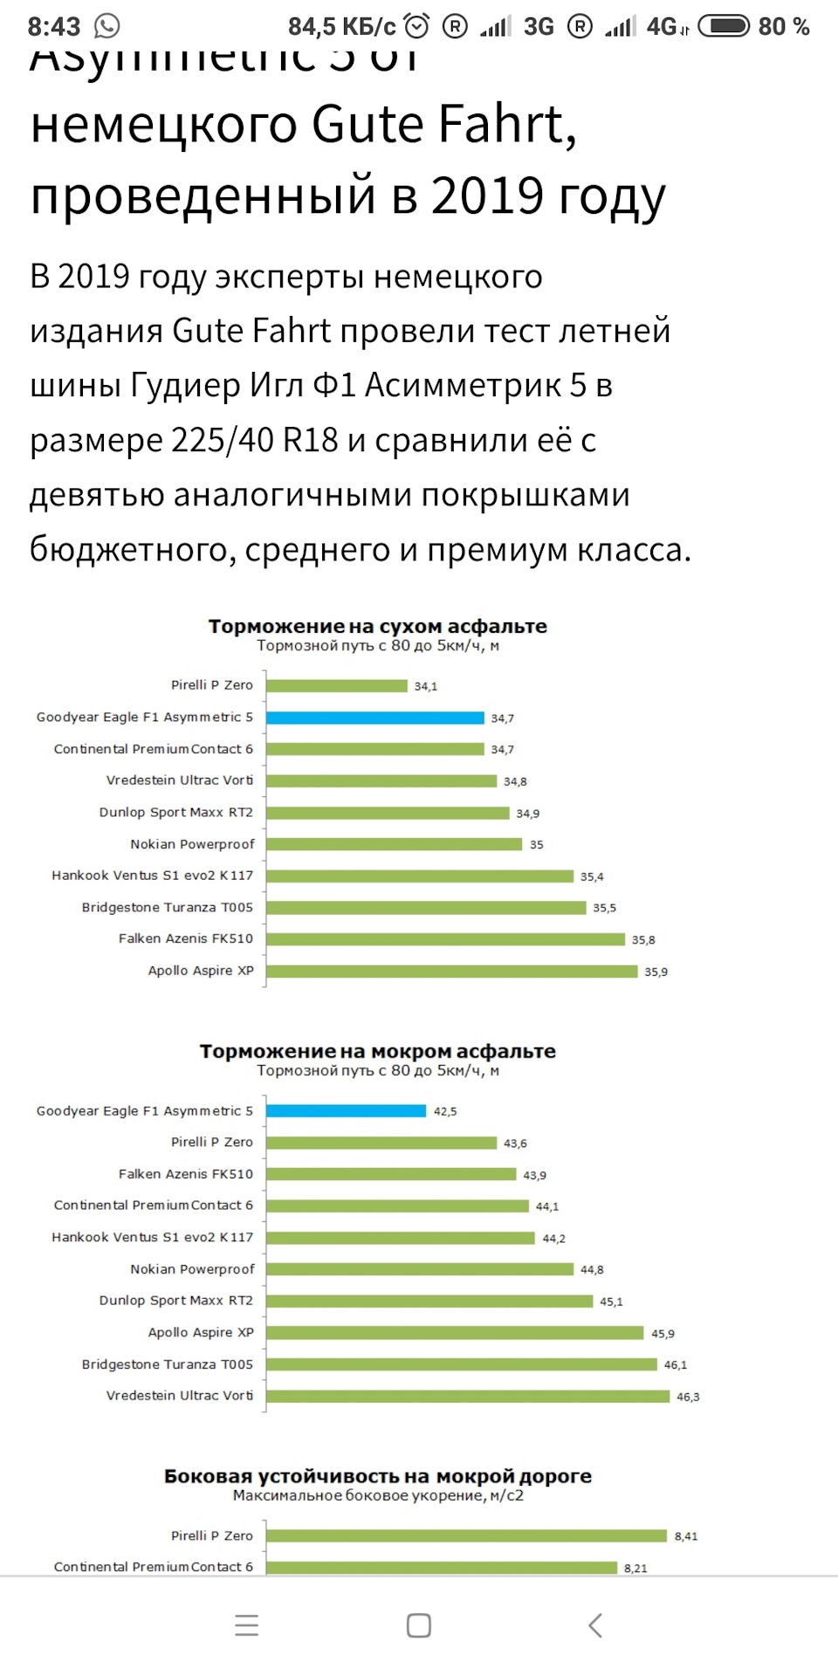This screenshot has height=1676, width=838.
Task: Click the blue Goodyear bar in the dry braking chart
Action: [x=375, y=718]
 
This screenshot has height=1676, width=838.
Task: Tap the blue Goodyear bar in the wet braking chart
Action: [x=347, y=1111]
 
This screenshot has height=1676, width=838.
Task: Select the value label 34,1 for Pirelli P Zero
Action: [x=426, y=687]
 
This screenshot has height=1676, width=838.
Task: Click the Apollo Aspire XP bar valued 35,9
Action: [x=452, y=972]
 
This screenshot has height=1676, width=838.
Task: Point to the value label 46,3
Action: [x=688, y=1397]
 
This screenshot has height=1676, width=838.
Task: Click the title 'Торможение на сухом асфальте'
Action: [x=377, y=626]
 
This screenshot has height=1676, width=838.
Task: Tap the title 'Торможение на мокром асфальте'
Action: [x=377, y=1051]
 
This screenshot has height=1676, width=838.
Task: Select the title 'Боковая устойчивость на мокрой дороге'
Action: [x=377, y=1476]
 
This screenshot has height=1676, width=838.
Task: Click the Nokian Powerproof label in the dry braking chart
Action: [x=192, y=844]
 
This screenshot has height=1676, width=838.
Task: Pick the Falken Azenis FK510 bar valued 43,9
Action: [x=391, y=1174]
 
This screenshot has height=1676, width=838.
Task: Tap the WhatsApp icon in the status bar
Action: [x=107, y=26]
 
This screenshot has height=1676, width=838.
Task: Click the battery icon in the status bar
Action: [x=724, y=26]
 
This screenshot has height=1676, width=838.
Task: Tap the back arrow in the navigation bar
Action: [x=595, y=1625]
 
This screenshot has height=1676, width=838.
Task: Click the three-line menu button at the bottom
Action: [x=247, y=1625]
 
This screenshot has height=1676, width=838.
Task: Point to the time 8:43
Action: [x=54, y=27]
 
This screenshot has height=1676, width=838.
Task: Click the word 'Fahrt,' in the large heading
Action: [x=507, y=125]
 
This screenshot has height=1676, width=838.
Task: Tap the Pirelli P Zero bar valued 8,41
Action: [x=467, y=1535]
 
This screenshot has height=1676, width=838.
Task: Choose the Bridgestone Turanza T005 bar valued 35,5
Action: [x=426, y=908]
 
